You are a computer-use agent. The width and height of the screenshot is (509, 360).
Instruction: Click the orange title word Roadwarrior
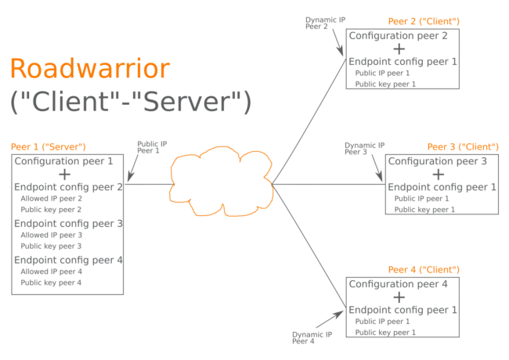coord(88,69)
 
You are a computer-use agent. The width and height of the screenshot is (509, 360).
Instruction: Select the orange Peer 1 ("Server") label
coord(47,146)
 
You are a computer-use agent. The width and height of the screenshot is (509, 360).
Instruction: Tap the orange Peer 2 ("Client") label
coord(425,21)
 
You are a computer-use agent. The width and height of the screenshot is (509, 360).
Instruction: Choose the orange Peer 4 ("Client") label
coord(425,269)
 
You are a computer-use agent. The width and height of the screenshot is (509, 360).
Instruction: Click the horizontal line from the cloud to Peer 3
coord(329,185)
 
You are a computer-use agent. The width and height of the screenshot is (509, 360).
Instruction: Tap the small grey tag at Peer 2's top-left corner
coord(315,21)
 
